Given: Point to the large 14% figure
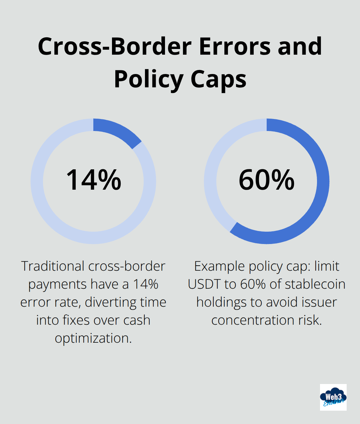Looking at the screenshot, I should click(94, 180).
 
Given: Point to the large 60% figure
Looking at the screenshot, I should click(267, 180).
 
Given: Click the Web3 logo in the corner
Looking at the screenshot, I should click(333, 397).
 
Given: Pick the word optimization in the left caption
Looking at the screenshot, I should click(93, 338).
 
